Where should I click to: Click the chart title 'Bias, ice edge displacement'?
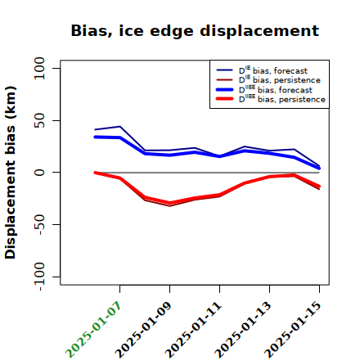coord(195,31)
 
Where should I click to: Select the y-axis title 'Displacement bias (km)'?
coord(11,173)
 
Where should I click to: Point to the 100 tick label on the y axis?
coord(39,68)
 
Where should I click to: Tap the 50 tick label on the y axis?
coord(39,120)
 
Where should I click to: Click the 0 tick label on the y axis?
coord(39,173)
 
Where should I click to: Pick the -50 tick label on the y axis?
coord(39,224)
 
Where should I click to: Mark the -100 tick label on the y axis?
coord(39,277)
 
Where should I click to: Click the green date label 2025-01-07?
coord(93,330)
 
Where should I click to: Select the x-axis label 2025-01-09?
coord(143,330)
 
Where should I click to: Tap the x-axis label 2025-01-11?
coord(193,330)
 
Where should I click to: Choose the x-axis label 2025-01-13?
coord(243,330)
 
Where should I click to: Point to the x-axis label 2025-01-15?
coord(293,330)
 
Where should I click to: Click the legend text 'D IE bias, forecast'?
coord(273,70)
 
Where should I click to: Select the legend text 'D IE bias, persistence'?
coord(280,79)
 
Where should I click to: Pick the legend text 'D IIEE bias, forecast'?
coord(276,89)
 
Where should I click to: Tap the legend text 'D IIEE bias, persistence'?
coord(282,99)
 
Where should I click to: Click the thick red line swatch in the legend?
coord(225,99)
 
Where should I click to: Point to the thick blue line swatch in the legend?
coord(225,89)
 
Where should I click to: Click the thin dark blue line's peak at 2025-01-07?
coord(119,126)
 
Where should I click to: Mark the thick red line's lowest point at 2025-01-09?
coord(169,203)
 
